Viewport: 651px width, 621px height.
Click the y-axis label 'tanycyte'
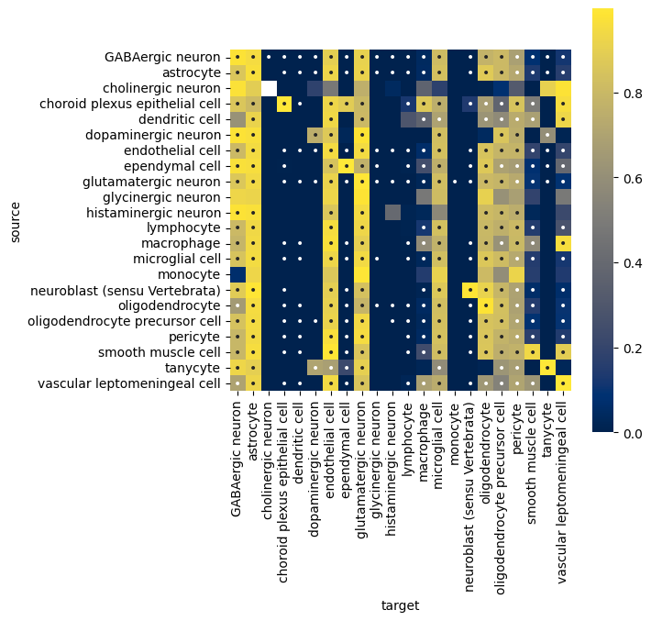point(193,368)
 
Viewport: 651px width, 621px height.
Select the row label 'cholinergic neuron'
point(161,88)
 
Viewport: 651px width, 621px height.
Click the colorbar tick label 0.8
point(634,93)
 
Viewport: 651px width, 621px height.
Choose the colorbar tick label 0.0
point(634,433)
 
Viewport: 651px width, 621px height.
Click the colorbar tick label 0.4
point(634,263)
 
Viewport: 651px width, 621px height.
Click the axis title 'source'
point(15,222)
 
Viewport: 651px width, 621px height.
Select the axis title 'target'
point(401,605)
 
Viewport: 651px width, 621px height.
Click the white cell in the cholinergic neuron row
point(269,88)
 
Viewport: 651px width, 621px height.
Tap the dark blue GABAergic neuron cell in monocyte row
point(237,274)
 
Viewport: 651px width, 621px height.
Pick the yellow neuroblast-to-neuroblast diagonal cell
point(470,290)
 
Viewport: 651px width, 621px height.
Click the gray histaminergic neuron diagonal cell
point(392,212)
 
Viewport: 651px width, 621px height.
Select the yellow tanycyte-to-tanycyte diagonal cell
point(547,368)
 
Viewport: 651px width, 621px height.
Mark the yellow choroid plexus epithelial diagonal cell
point(284,104)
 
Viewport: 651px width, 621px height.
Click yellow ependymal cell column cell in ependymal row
point(347,166)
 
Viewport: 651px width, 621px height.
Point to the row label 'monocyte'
point(189,274)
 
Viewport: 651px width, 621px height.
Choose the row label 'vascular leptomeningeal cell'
point(129,383)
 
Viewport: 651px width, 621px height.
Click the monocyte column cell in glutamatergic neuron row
point(455,182)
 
